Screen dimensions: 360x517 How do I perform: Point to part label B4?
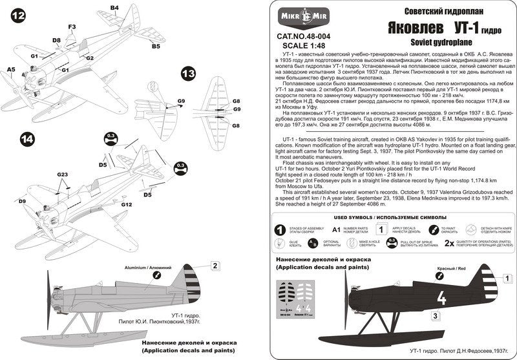click(114, 8)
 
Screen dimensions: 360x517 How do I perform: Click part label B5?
click(156, 47)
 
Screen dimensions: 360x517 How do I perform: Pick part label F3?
click(72, 26)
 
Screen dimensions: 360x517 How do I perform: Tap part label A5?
click(10, 68)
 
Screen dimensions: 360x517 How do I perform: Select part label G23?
click(62, 175)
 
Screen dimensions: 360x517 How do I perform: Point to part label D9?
click(23, 202)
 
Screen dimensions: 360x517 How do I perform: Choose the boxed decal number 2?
click(216, 265)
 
